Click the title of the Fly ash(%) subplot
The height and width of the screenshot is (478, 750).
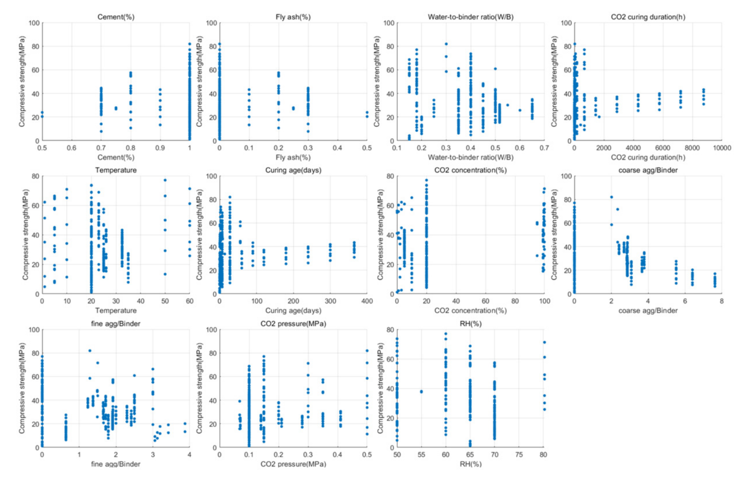(x=292, y=17)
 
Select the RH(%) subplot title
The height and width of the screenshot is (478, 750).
(x=470, y=324)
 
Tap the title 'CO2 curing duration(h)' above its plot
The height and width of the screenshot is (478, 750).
(x=648, y=17)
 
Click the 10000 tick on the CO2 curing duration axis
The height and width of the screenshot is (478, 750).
(x=721, y=148)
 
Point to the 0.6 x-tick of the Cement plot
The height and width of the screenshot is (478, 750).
(x=71, y=148)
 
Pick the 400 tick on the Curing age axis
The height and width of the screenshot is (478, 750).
(x=367, y=301)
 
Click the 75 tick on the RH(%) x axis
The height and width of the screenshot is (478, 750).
(x=519, y=455)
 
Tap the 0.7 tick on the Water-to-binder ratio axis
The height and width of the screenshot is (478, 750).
(x=544, y=148)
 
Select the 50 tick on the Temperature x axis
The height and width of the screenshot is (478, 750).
(x=165, y=301)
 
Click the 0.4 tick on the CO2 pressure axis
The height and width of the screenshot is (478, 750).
(x=337, y=455)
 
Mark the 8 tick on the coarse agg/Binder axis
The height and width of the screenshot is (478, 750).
(x=721, y=301)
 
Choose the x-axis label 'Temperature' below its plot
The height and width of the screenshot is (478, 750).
(x=116, y=311)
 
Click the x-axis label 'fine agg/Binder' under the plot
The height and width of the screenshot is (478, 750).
(x=116, y=464)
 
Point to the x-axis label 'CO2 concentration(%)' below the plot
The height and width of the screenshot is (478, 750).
(x=470, y=311)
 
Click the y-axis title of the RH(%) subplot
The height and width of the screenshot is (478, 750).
(x=380, y=388)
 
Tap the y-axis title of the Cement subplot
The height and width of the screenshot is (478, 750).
(x=22, y=82)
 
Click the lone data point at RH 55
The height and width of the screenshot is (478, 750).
(x=421, y=392)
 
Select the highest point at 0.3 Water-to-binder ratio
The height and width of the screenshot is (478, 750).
(x=446, y=44)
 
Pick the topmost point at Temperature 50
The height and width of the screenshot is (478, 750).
(x=165, y=180)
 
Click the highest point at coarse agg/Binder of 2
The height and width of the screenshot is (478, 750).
(x=612, y=197)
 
